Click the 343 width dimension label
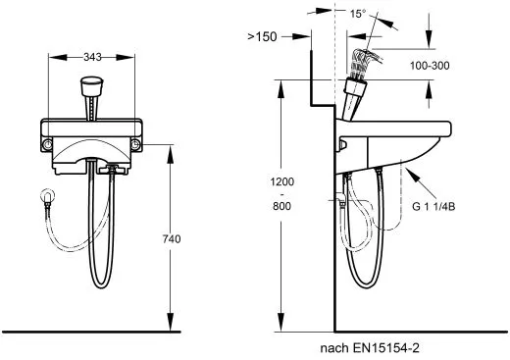pos(92,57)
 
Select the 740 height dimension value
pos(172,239)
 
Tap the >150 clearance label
pos(262,36)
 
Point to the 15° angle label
pos(358,14)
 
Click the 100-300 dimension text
pos(430,66)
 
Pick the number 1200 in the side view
pos(282,181)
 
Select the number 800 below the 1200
pos(281,206)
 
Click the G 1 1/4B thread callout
pos(433,207)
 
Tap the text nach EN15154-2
pos(370,348)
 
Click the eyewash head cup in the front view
pos(91,85)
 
